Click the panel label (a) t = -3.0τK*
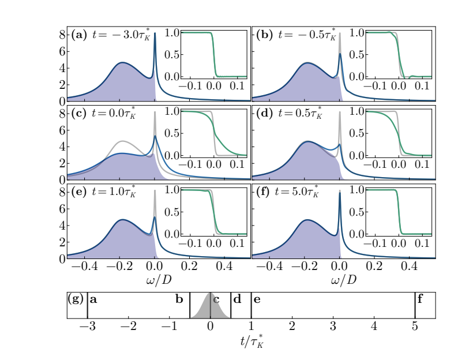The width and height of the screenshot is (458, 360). tap(108, 35)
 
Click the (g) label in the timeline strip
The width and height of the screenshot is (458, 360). tap(76, 299)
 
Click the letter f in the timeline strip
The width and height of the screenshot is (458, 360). tap(420, 299)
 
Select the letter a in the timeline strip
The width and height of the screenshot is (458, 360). tap(93, 299)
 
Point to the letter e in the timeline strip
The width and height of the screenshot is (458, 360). tap(257, 299)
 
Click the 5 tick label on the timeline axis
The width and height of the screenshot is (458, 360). tap(415, 327)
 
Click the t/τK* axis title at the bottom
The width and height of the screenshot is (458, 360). tap(251, 342)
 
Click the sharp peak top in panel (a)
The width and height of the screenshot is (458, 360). tap(155, 49)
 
